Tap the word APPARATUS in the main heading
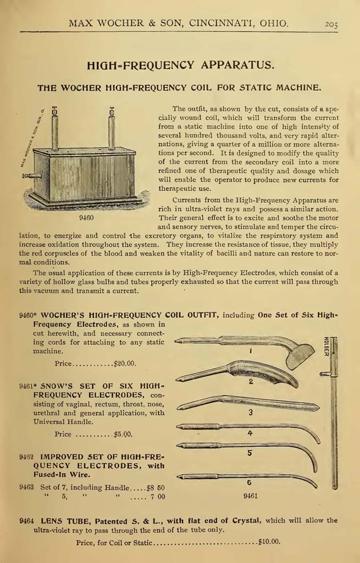coord(238,65)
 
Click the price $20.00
coord(125,363)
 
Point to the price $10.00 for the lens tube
coord(269,542)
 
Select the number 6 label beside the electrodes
coord(249,482)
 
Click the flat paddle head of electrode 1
coord(300,355)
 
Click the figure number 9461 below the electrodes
coord(250,496)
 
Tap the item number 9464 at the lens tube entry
coord(27,520)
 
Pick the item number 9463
coord(27,487)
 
